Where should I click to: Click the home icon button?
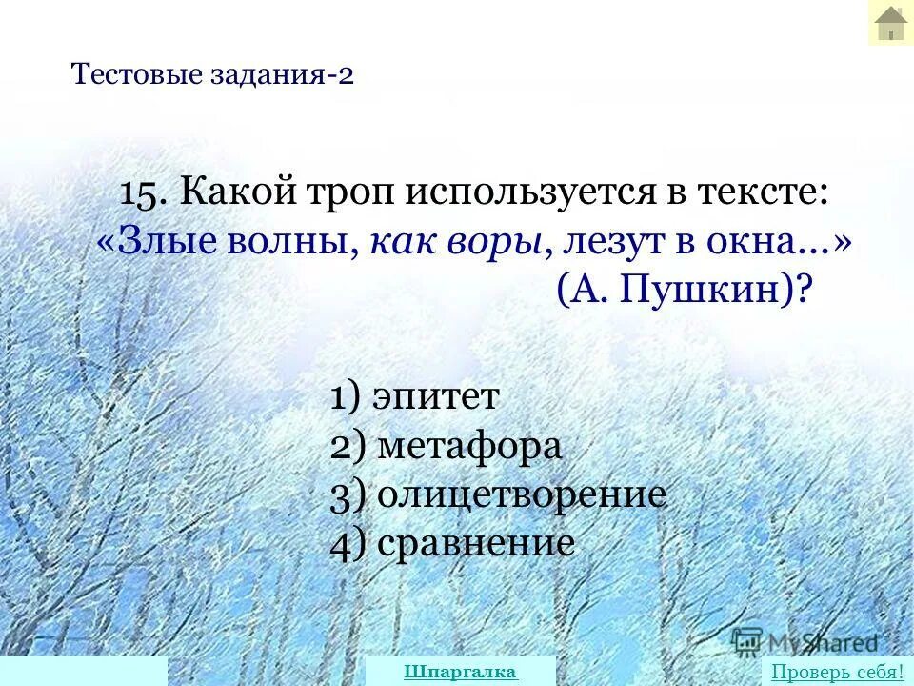(x=890, y=23)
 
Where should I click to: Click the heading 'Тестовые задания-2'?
(x=212, y=74)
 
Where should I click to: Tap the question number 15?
(x=144, y=193)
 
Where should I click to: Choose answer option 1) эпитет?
(x=414, y=396)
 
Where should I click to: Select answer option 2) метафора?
(x=447, y=446)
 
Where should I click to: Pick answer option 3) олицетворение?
(x=498, y=495)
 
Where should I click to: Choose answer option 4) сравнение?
(x=452, y=544)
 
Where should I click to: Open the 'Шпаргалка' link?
(x=460, y=672)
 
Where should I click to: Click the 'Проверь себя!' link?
(x=837, y=672)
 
